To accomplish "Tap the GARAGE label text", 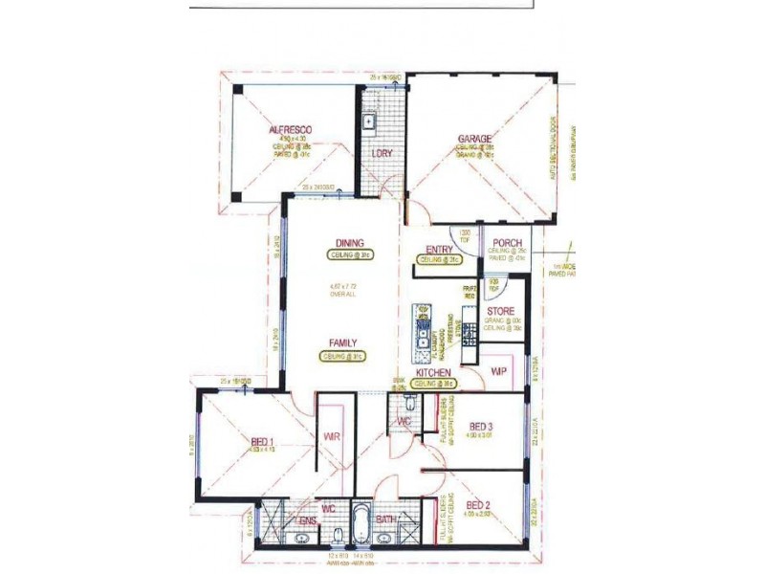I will pos(474,139).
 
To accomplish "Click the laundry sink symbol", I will pos(368,121).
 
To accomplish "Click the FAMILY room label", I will pos(344,342).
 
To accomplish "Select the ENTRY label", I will pos(439,250).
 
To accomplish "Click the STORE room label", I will pos(501,312).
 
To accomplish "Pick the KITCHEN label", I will pos(433,371).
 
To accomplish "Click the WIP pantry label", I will pos(498,370).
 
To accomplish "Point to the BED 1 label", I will pos(262,441).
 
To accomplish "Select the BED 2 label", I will pos(478,505).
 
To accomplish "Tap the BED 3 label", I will pos(481,427).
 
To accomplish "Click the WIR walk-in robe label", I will pos(333,436).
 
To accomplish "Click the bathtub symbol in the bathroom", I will pos(363,523).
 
